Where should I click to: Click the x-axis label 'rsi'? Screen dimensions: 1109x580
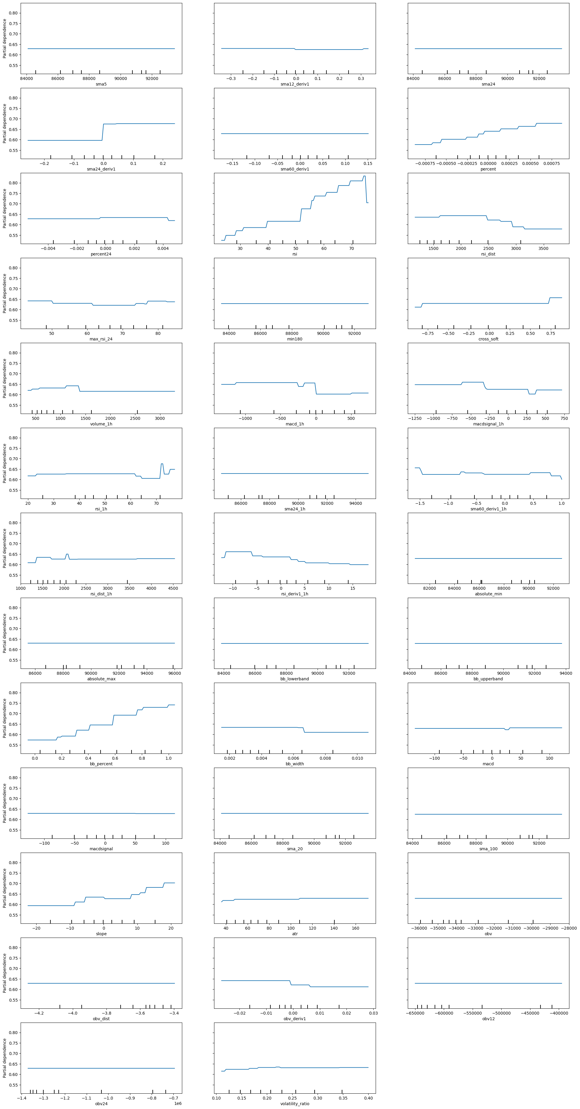tap(295, 254)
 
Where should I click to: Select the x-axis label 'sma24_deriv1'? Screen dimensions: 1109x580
tap(101, 169)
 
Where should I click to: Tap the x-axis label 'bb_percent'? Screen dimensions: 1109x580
tap(101, 764)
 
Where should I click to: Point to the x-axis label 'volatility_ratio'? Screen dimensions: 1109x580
tap(295, 1103)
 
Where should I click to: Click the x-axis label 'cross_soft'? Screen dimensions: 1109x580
tap(488, 339)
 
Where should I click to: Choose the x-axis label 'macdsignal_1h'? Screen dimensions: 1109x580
tap(488, 424)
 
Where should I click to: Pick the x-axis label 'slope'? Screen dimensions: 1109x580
tap(101, 934)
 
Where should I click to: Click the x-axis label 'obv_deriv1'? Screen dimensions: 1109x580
tap(295, 1019)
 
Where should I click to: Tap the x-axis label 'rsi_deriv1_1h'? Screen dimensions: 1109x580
tap(295, 594)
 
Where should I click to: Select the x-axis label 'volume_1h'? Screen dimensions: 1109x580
tap(101, 424)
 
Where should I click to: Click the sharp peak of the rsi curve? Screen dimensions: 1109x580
tap(364, 176)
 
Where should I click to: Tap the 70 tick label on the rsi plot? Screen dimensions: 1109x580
tap(351, 248)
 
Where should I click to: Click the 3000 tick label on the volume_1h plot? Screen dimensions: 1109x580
tap(160, 418)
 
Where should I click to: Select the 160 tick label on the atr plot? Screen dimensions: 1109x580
tap(355, 928)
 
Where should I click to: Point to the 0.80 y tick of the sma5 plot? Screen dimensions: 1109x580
tap(13, 13)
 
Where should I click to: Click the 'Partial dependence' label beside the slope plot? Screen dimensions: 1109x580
tap(5, 888)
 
